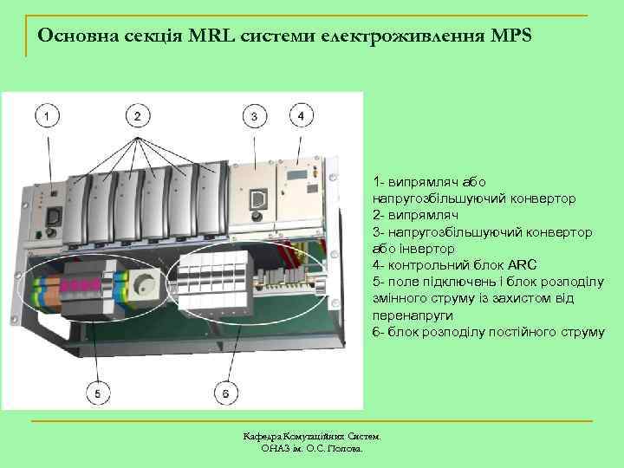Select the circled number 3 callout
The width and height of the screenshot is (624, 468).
click(x=253, y=115)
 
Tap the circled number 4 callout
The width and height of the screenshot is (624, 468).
click(x=300, y=114)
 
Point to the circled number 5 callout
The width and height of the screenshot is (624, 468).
click(x=97, y=393)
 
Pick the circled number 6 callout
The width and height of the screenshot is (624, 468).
click(x=226, y=393)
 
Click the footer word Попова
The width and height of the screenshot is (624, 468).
click(x=345, y=449)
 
